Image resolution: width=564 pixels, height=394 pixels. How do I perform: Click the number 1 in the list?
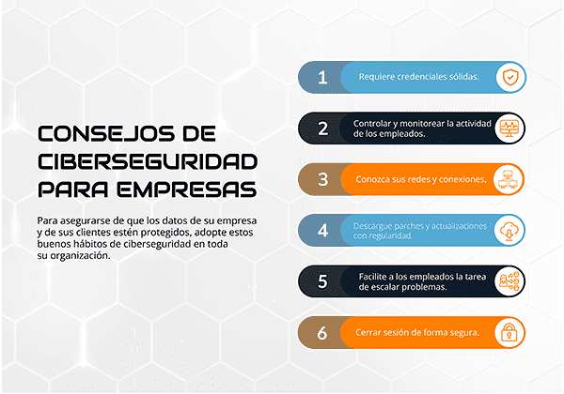point(322,78)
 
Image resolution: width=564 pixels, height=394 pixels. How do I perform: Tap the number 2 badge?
point(322,129)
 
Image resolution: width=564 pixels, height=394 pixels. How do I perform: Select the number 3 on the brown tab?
point(322,178)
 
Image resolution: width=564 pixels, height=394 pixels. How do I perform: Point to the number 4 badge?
point(322,230)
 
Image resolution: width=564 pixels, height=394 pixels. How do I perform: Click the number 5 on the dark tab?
point(322,280)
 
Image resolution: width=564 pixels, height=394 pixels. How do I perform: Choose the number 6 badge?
point(322,331)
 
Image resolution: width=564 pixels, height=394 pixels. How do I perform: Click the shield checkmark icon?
point(510,78)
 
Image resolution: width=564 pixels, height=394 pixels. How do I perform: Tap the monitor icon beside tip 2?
point(510,129)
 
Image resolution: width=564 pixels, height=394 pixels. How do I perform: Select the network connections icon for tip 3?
point(510,178)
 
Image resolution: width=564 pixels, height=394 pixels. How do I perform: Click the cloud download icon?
point(510,230)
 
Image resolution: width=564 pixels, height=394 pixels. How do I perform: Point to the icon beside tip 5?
point(510,280)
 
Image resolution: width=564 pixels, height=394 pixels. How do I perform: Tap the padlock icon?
point(510,331)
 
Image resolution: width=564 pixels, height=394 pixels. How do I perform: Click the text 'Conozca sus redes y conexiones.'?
point(420,178)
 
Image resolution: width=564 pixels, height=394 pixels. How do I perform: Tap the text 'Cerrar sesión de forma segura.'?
point(417,332)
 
